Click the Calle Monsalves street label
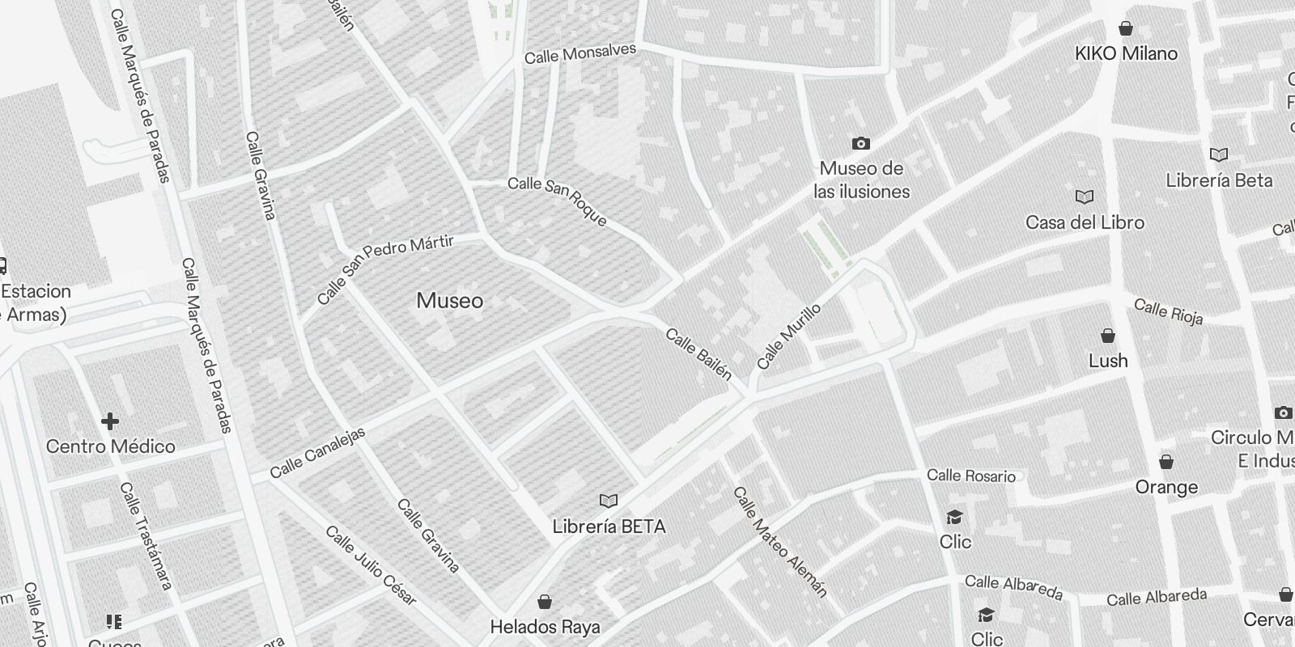[580, 54]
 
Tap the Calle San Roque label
[557, 201]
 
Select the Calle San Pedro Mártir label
[386, 269]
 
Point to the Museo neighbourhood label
[450, 301]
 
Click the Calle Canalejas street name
[317, 453]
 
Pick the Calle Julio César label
[371, 565]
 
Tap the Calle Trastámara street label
[146, 535]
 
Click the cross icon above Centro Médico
[110, 421]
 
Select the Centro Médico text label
[110, 446]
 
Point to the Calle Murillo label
[789, 336]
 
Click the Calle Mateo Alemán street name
[780, 542]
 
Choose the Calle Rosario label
[971, 476]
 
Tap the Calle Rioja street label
[1168, 311]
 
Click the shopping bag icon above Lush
[1108, 336]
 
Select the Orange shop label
[1166, 487]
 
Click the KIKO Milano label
[1126, 53]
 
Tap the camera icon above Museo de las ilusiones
[861, 144]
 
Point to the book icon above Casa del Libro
[1085, 197]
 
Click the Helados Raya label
[546, 627]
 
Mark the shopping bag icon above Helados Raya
[546, 602]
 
